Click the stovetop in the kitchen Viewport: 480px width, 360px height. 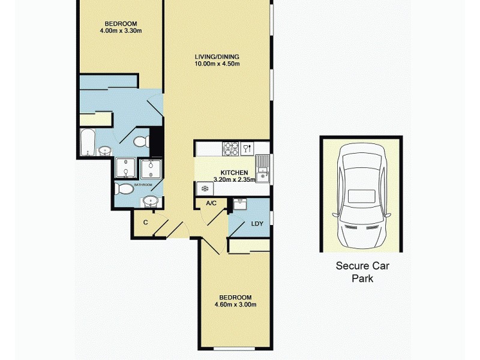pos(231,148)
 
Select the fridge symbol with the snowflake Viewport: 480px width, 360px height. pos(204,188)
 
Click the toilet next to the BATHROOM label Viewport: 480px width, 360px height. pos(125,190)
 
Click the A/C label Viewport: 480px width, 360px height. pos(211,203)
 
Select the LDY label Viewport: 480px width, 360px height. pos(257,224)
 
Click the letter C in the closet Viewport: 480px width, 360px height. pos(145,222)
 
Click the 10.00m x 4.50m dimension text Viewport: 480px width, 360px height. pos(217,64)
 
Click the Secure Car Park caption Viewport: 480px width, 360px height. pos(362,272)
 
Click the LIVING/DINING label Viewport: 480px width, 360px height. pos(217,57)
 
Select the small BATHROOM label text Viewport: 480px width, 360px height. pos(143,185)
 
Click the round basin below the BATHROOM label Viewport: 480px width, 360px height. pos(149,201)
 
